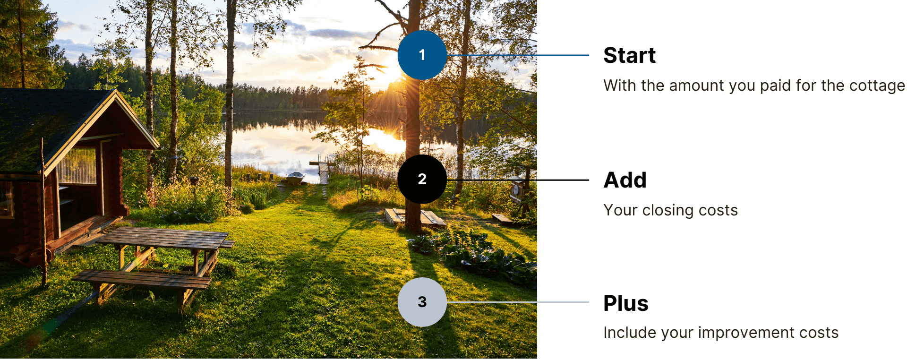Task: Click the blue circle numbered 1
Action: coord(422,55)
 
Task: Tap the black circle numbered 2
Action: coord(422,180)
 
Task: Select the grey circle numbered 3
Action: coord(422,302)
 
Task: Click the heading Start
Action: coord(629,55)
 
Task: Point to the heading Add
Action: coord(625,180)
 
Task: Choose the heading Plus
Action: coord(626,303)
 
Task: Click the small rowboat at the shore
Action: coord(295,178)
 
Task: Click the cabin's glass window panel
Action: coord(77,166)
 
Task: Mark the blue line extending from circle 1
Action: coord(518,55)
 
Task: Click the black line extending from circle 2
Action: coord(518,180)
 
